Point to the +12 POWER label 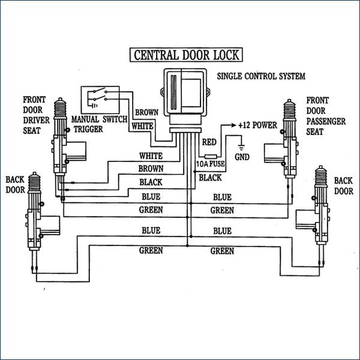pos(256,127)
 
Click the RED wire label pos(209,142)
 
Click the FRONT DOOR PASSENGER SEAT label pos(326,115)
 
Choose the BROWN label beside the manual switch pos(146,112)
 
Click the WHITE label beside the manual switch pos(143,127)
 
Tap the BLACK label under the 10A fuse pos(210,178)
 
